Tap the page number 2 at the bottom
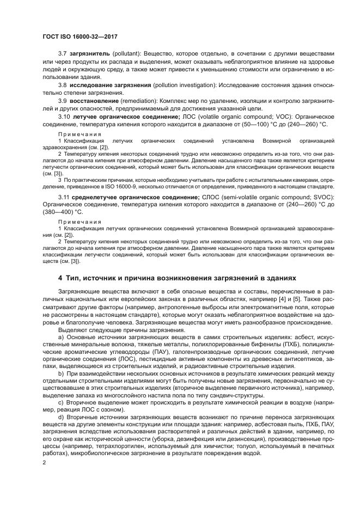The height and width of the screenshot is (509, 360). [44, 462]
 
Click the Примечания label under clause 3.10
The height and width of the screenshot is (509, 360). [80, 134]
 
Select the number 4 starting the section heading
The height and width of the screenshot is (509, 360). [60, 277]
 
